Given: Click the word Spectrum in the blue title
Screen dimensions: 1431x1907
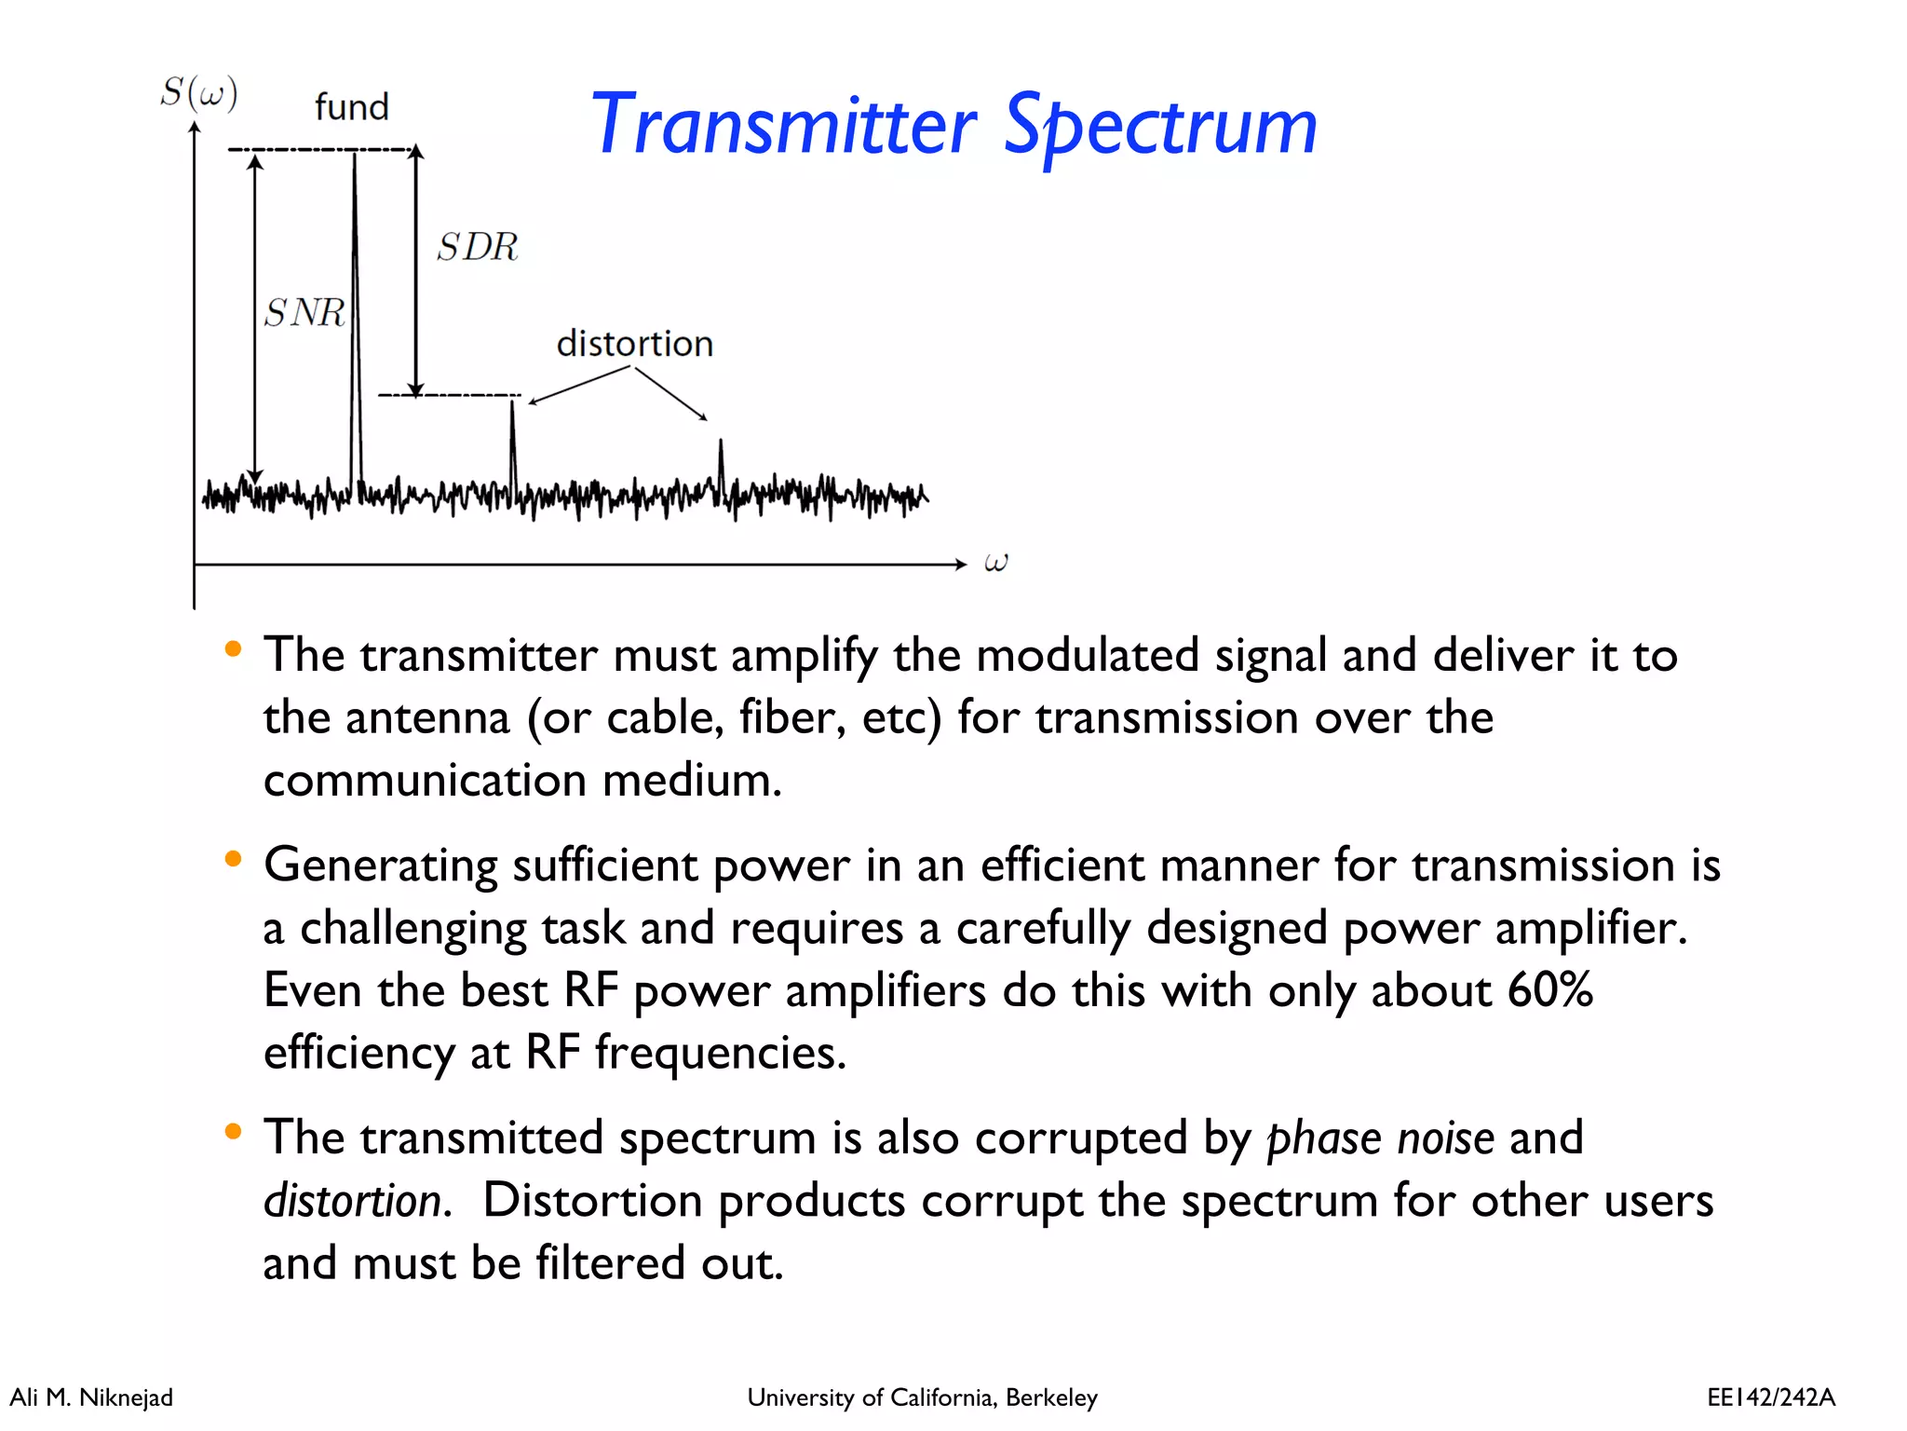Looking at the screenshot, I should coord(1160,127).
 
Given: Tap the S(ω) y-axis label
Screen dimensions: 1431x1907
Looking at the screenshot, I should coord(198,93).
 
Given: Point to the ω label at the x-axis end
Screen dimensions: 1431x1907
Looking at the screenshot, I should coord(995,563).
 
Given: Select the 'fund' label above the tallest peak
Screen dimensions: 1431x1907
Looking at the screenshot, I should coord(351,107).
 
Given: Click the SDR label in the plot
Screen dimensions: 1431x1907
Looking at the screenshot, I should coord(478,247).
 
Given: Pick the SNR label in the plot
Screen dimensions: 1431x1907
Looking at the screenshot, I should coord(304,313).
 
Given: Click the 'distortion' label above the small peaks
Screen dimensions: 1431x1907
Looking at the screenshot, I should coord(634,344).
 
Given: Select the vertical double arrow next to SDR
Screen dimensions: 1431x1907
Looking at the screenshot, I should coord(416,270).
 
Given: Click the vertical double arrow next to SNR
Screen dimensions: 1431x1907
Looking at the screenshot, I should coord(255,317).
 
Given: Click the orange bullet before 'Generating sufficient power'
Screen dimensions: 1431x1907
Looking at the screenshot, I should coord(233,859).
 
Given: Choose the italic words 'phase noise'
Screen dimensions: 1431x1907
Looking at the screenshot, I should coord(1380,1138).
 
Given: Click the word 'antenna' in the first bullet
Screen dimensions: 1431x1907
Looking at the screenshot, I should coord(427,718).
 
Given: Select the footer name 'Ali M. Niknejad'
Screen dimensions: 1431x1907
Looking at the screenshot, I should coord(91,1397).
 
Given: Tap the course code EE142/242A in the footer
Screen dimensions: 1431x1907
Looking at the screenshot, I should coord(1770,1397).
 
